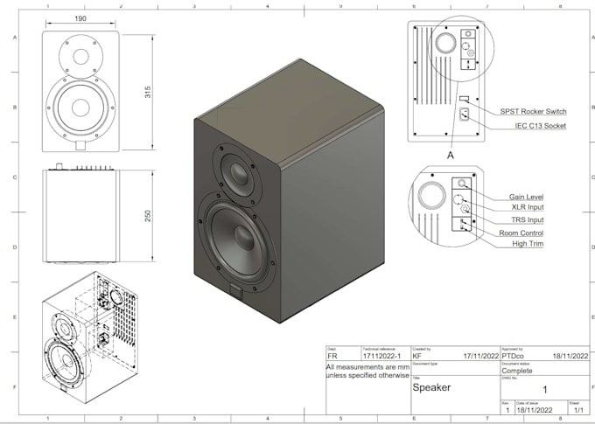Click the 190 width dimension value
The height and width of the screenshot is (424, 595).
click(x=80, y=17)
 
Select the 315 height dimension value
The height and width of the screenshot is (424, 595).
click(x=148, y=92)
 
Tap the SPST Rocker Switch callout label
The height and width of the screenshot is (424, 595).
click(x=533, y=112)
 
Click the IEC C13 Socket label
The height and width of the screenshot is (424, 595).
click(x=540, y=126)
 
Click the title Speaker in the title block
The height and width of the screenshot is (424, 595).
click(x=431, y=386)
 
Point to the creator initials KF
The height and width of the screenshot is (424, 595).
click(x=419, y=357)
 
